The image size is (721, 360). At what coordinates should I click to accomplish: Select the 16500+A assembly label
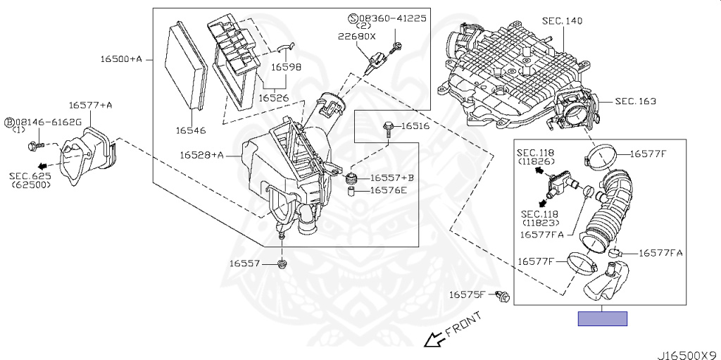120,59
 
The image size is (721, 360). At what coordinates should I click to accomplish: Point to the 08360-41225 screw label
392,18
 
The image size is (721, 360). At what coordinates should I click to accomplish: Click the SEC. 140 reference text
562,21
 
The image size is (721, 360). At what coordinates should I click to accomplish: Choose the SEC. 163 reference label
635,101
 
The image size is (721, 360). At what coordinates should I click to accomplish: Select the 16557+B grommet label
392,178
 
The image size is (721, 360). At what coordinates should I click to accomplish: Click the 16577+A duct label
91,105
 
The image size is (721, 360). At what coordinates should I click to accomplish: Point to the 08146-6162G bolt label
48,122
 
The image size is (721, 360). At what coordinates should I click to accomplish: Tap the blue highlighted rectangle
602,318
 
